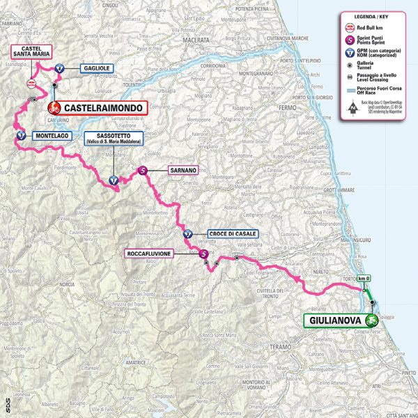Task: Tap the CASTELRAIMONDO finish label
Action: click(x=104, y=108)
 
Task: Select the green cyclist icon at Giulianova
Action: click(x=373, y=320)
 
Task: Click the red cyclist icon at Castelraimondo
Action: click(x=53, y=108)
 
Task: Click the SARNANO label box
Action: click(x=183, y=169)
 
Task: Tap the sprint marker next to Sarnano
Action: click(x=143, y=169)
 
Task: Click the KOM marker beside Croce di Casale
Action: click(x=188, y=234)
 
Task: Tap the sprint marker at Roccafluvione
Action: click(x=203, y=254)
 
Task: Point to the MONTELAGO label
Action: click(x=52, y=135)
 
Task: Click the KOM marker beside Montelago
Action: click(x=20, y=135)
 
